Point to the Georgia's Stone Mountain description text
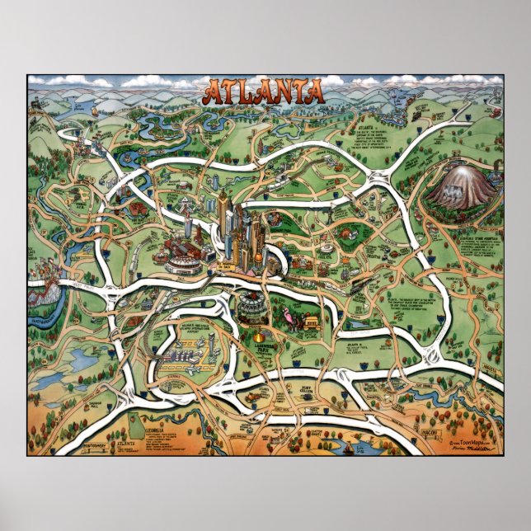tap(480, 246)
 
